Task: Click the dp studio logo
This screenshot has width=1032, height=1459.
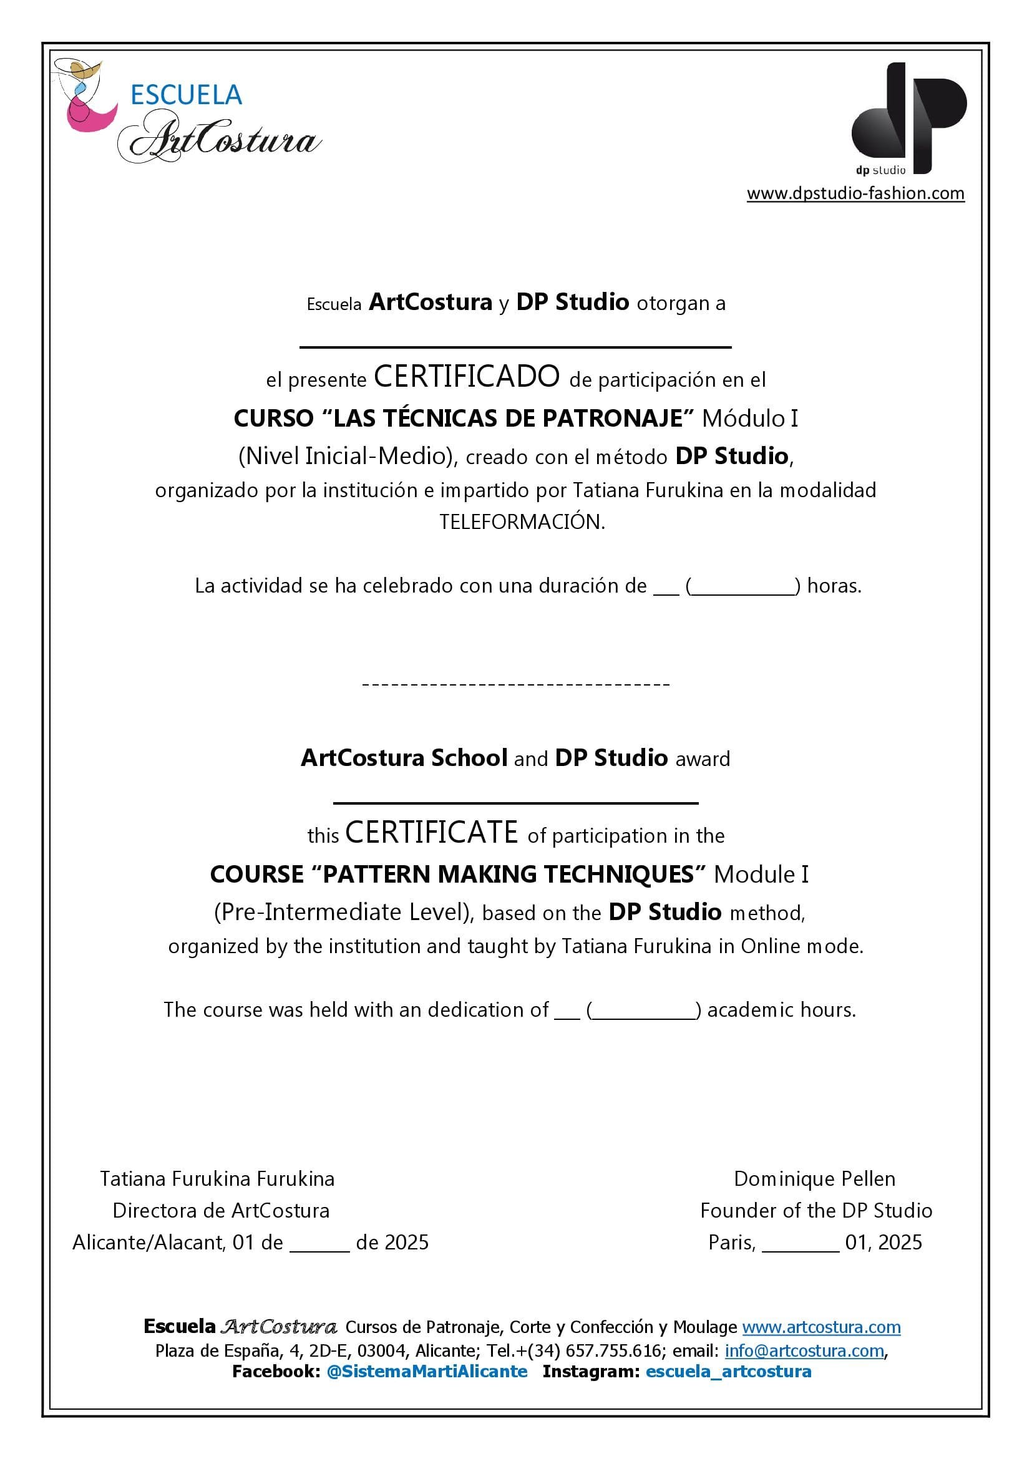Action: tap(908, 118)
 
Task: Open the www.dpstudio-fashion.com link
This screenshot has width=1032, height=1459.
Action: tap(855, 193)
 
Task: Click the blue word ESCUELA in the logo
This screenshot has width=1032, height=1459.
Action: tap(186, 95)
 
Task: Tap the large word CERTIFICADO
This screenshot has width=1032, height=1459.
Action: tap(467, 376)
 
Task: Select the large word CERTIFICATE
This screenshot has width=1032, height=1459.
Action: tap(432, 833)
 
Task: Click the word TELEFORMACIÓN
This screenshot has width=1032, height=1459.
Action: tap(522, 521)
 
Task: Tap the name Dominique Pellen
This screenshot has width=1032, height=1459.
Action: tap(814, 1179)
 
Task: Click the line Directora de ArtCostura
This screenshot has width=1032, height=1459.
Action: tap(220, 1211)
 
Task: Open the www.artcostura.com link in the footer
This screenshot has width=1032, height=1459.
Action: tap(821, 1327)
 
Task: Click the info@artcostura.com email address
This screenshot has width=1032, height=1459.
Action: tap(804, 1350)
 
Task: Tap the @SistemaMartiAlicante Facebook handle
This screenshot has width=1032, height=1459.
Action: tap(427, 1371)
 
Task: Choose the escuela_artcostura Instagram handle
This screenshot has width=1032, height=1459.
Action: tap(728, 1371)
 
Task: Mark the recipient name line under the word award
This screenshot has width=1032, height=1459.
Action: tap(515, 802)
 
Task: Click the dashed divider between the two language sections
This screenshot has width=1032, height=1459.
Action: tap(515, 684)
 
